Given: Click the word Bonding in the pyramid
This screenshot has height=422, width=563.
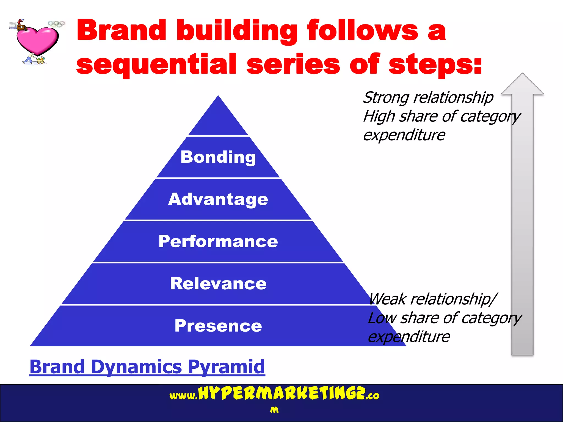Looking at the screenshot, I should tap(218, 157).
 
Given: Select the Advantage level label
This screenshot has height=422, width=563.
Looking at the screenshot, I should tap(218, 199).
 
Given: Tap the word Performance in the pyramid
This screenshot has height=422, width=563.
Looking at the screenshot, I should tap(218, 241).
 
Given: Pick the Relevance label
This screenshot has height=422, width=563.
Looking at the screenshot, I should tap(218, 284).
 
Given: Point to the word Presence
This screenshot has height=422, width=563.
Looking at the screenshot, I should tap(218, 326).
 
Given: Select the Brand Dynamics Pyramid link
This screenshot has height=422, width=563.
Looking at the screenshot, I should tap(147, 367).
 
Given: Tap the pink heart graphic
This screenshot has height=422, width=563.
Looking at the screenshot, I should tap(37, 40).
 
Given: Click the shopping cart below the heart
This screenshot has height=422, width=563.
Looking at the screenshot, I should tap(41, 60).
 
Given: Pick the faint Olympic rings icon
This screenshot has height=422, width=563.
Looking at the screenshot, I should tap(56, 24).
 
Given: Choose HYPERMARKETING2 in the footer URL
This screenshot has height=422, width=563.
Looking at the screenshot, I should tap(282, 393).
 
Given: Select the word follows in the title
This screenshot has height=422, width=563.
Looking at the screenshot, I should tap(363, 30).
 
